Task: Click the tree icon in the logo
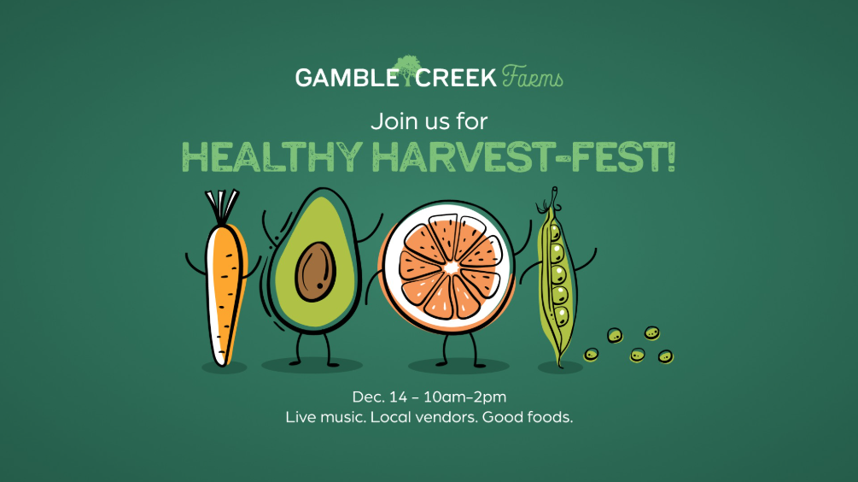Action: [x=406, y=70]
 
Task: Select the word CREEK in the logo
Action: [x=456, y=78]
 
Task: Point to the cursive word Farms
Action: [x=533, y=77]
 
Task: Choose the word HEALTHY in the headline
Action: [x=272, y=157]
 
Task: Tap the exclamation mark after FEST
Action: [x=671, y=156]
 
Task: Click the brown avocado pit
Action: [x=316, y=272]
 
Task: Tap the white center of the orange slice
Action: [x=452, y=267]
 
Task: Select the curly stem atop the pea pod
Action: [x=551, y=201]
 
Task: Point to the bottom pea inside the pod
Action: [x=562, y=316]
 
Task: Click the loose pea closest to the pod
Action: [x=591, y=355]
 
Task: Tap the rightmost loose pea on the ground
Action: [x=665, y=357]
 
